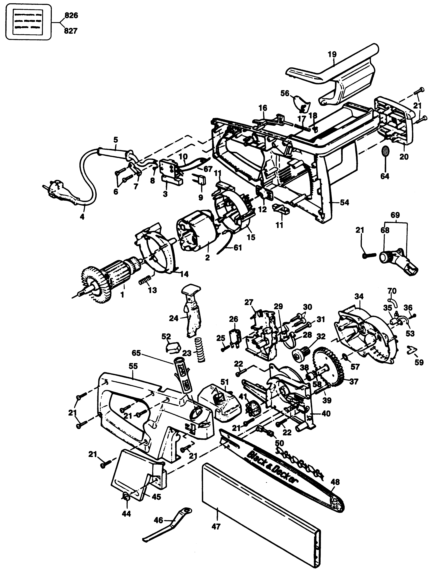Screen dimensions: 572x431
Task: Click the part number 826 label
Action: (x=71, y=16)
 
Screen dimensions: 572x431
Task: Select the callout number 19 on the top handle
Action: (x=332, y=55)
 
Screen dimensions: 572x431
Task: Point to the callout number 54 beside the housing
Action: (x=344, y=202)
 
